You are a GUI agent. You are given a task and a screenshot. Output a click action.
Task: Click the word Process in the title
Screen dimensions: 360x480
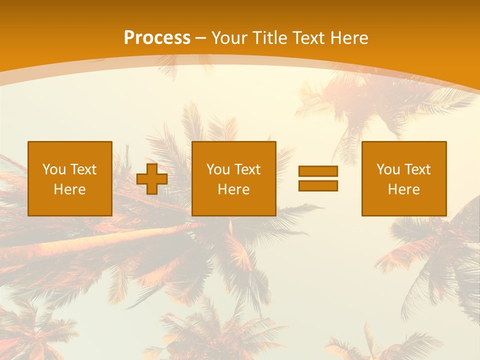pyautogui.click(x=157, y=38)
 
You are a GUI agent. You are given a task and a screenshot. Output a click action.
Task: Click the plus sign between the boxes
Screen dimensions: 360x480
pyautogui.click(x=152, y=179)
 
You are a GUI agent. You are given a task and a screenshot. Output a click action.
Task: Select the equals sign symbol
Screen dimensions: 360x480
pyautogui.click(x=318, y=178)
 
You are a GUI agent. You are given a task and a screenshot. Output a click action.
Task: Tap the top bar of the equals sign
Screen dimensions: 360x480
pyautogui.click(x=318, y=171)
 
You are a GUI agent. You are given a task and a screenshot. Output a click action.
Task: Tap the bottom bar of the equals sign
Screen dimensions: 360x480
pyautogui.click(x=318, y=185)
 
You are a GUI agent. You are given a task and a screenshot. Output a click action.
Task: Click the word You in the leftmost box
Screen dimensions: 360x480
pyautogui.click(x=54, y=169)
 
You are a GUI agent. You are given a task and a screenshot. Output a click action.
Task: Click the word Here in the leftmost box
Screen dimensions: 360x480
pyautogui.click(x=70, y=189)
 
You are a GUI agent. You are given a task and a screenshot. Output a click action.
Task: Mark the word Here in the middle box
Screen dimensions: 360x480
pyautogui.click(x=234, y=189)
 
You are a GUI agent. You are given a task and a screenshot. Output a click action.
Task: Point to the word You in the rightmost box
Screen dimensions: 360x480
pyautogui.click(x=388, y=169)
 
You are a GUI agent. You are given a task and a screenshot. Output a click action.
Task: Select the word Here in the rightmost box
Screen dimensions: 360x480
pyautogui.click(x=404, y=189)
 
